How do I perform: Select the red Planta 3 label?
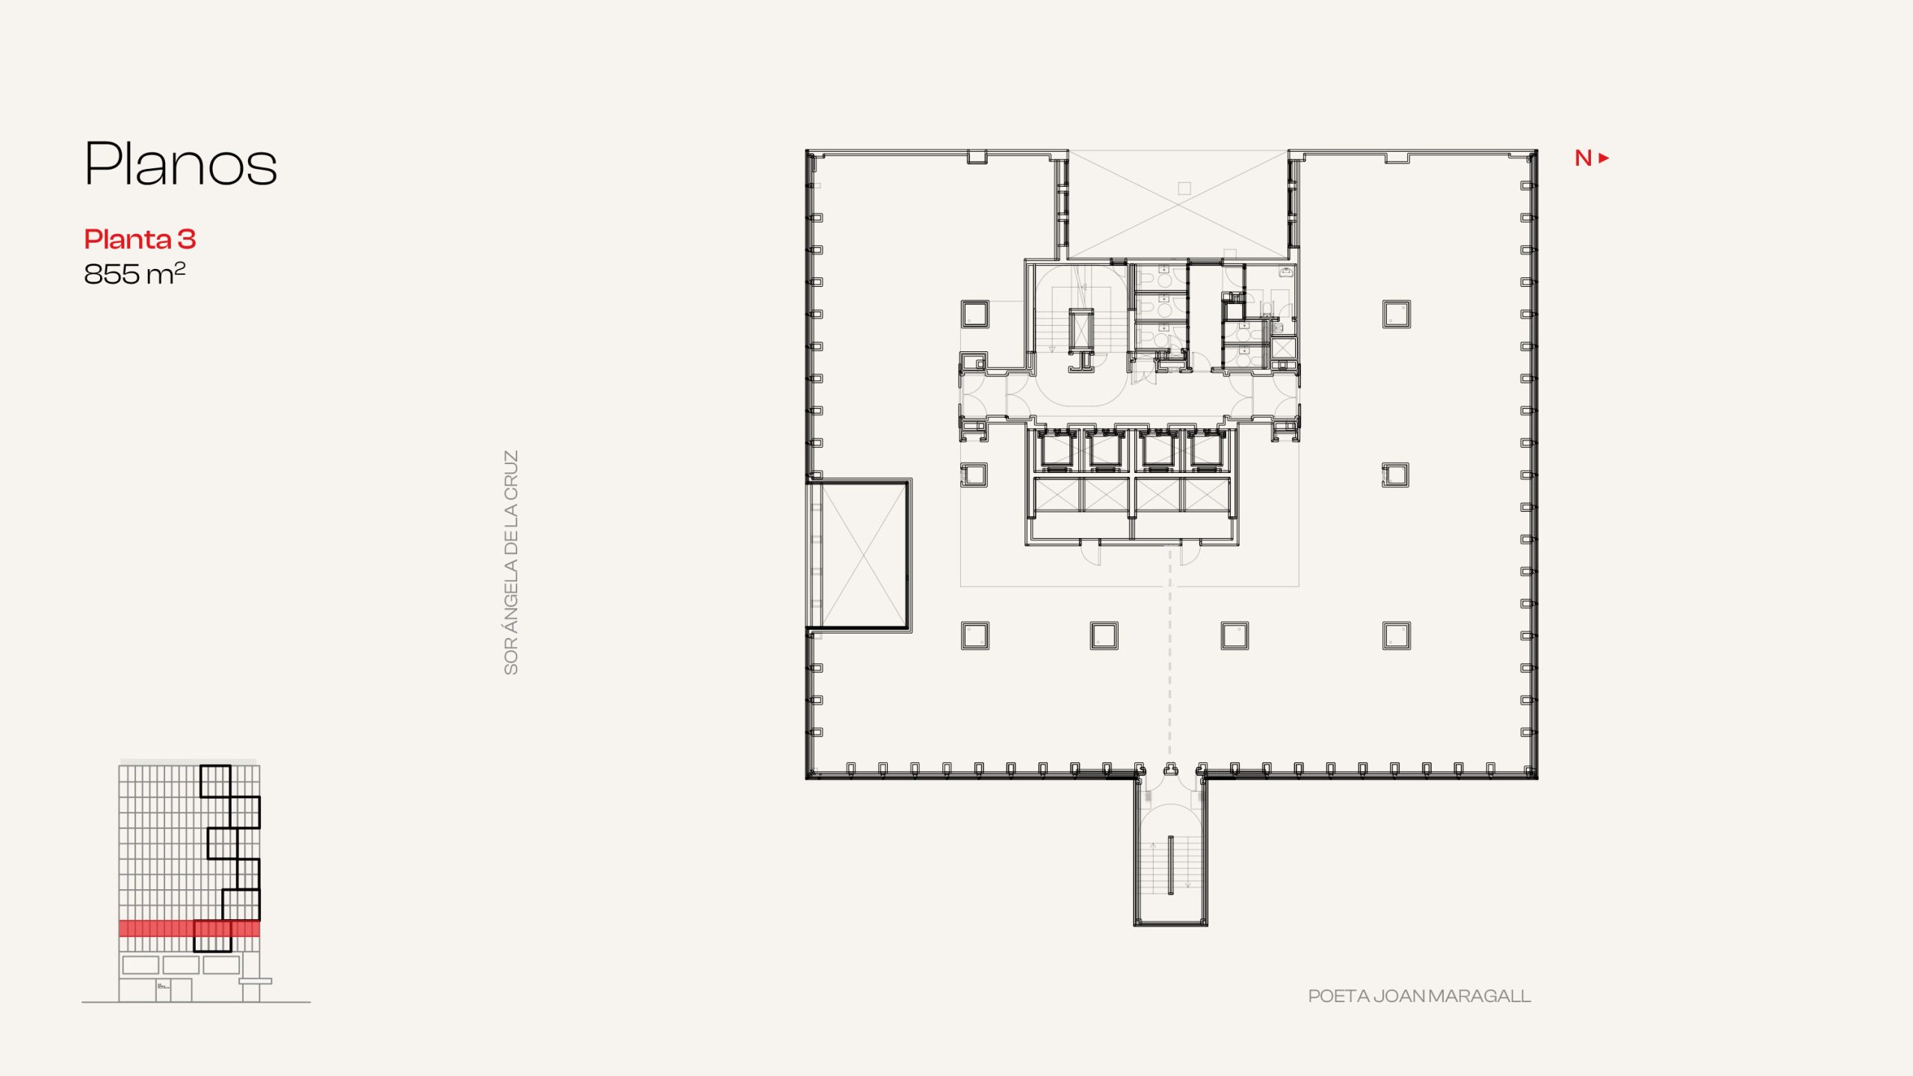pyautogui.click(x=140, y=239)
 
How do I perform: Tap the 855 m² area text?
pyautogui.click(x=135, y=273)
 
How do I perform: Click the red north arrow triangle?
pyautogui.click(x=1604, y=158)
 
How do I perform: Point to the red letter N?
pyautogui.click(x=1583, y=158)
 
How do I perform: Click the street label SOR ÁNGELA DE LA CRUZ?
pyautogui.click(x=511, y=563)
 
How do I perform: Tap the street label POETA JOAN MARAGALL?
pyautogui.click(x=1419, y=996)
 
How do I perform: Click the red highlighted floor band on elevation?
pyautogui.click(x=190, y=928)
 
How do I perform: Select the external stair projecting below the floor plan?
pyautogui.click(x=1170, y=853)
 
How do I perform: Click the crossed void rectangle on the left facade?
pyautogui.click(x=859, y=555)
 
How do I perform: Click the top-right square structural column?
pyautogui.click(x=1396, y=314)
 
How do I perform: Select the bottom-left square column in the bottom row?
pyautogui.click(x=974, y=636)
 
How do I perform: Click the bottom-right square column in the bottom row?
pyautogui.click(x=1396, y=636)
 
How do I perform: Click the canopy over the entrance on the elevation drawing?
pyautogui.click(x=256, y=981)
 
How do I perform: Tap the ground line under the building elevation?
pyautogui.click(x=196, y=1002)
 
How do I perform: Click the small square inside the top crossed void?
pyautogui.click(x=1184, y=188)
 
